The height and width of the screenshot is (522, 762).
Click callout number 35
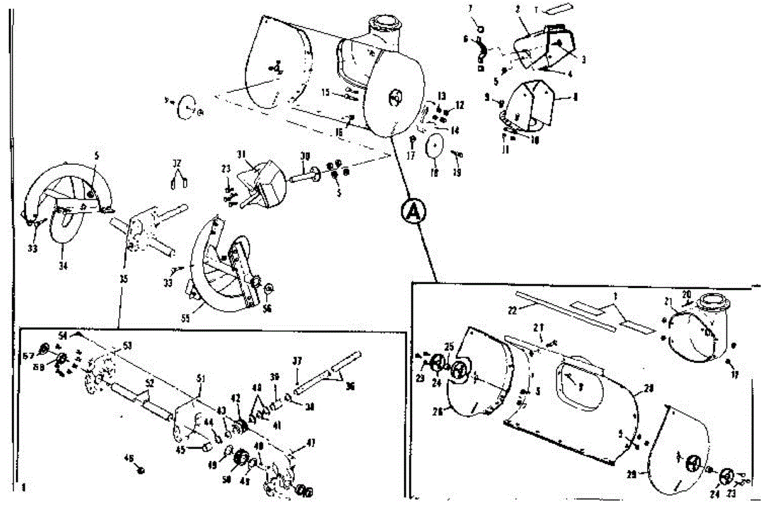point(123,277)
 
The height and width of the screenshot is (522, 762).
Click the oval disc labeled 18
point(433,147)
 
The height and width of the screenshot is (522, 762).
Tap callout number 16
point(339,131)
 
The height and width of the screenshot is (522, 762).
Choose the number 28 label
point(647,387)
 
